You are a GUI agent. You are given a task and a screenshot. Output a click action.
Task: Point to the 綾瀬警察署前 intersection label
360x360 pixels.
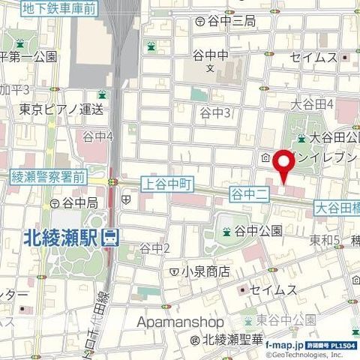click(x=49, y=178)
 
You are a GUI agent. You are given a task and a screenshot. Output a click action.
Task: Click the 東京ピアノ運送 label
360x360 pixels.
click(x=61, y=109)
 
